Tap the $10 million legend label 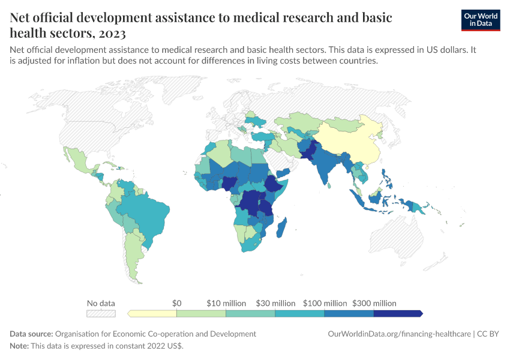(226, 303)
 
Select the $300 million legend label (374, 303)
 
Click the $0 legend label (176, 303)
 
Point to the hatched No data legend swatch (101, 313)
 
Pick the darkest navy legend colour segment (398, 313)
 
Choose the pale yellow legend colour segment (152, 313)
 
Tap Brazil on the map (144, 210)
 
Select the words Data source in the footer (31, 334)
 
